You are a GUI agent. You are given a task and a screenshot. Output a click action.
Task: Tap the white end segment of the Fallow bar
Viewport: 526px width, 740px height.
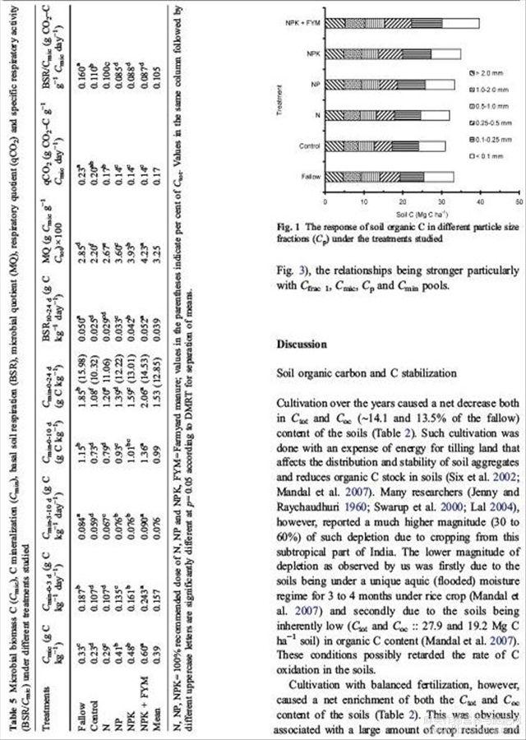coord(438,176)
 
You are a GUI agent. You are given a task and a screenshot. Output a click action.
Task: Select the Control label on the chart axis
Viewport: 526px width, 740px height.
coord(309,146)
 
